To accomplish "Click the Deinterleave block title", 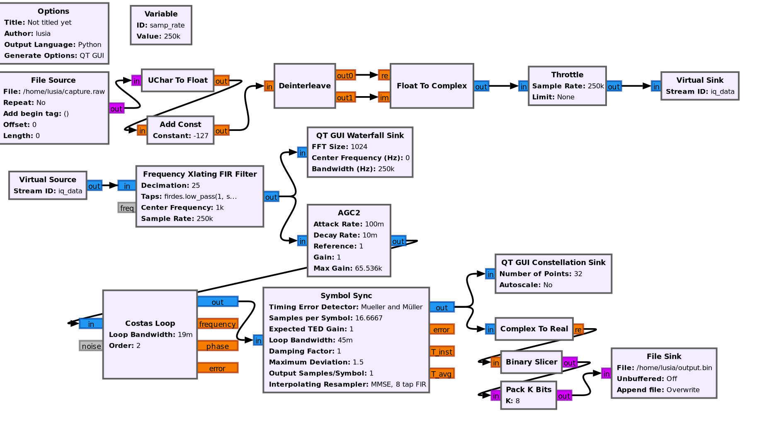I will [305, 86].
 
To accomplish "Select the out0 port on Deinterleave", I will [345, 75].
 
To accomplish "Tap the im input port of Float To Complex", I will [384, 97].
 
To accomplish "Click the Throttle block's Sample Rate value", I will [596, 86].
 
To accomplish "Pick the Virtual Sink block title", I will [700, 80].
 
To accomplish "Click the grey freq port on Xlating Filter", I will [127, 208].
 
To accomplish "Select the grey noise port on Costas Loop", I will [91, 346].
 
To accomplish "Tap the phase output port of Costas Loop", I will [217, 346].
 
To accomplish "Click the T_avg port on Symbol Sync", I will [442, 374].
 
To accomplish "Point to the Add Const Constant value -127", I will [201, 136].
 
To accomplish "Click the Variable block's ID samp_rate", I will [167, 25].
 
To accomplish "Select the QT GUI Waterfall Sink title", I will [360, 135].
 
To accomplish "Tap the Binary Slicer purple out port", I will [569, 363].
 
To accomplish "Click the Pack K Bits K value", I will [517, 401].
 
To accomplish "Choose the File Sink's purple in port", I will [606, 374].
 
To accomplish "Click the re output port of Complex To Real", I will [578, 329].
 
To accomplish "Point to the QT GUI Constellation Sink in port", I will [490, 274].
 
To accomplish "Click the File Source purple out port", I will [116, 109].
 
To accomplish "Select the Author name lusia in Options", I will [43, 34].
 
